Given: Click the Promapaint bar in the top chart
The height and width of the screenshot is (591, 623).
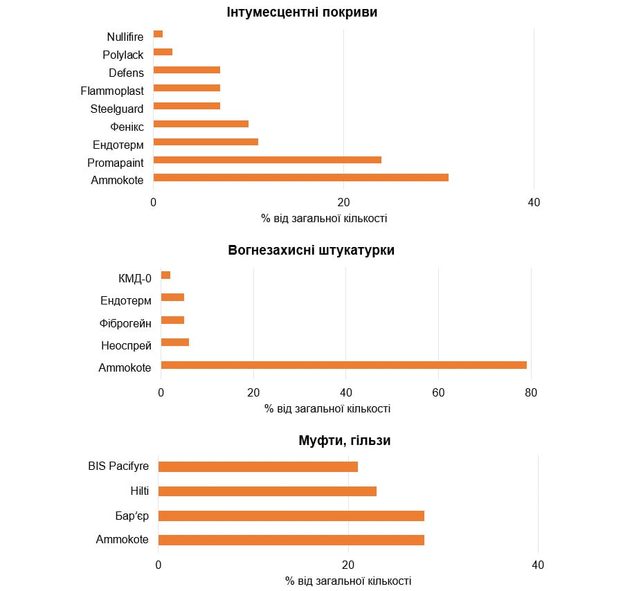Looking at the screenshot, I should [x=267, y=160].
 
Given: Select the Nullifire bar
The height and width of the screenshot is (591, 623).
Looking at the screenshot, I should [x=158, y=34].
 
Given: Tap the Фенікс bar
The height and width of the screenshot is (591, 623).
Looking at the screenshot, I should [x=201, y=124].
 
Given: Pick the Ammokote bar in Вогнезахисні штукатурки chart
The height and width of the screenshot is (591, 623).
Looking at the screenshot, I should [x=344, y=365].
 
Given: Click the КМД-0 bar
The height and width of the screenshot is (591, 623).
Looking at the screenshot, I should [x=165, y=275].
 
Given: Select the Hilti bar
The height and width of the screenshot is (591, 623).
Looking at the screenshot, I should [x=267, y=491].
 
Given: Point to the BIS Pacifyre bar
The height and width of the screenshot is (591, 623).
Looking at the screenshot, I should [x=258, y=466].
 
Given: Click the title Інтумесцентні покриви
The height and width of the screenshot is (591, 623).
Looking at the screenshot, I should [x=303, y=12].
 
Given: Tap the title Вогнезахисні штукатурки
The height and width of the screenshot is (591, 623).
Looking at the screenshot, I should [x=311, y=251].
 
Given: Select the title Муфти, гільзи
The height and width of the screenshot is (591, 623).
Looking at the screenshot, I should [x=345, y=441].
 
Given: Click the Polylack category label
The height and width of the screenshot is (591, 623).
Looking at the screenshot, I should [x=123, y=55].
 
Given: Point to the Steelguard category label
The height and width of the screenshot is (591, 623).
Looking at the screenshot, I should [x=117, y=109].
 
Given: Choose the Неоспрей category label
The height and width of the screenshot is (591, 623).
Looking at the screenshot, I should [x=125, y=345].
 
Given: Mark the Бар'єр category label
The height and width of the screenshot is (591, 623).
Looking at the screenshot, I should [x=132, y=516].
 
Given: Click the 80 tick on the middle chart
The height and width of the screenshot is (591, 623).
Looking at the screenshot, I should [x=531, y=393].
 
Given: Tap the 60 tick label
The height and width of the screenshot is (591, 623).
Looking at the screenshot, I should [x=438, y=393].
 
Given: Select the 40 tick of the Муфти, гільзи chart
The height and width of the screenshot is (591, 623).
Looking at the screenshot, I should [x=538, y=565].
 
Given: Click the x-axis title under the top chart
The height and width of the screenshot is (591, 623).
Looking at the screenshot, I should [x=324, y=219].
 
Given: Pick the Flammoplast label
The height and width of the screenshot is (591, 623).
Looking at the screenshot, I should [x=112, y=91].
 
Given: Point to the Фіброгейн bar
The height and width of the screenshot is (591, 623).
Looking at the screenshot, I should [x=172, y=320].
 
